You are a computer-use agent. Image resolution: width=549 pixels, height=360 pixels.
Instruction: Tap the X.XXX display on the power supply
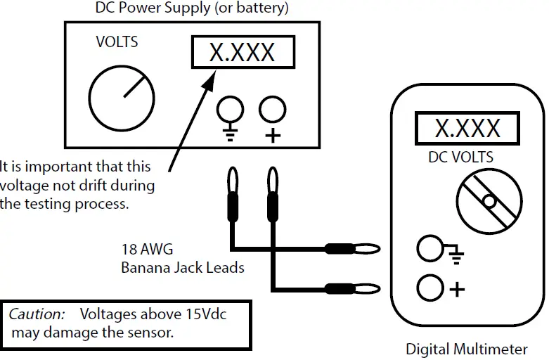(x=243, y=52)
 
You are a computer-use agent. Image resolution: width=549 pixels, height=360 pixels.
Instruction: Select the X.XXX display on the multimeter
(x=467, y=128)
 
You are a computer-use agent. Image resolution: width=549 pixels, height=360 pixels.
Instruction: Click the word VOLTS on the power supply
(x=117, y=42)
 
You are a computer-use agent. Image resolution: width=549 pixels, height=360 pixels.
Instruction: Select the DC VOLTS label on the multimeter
(x=460, y=157)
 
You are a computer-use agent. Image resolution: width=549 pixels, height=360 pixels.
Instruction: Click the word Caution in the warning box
(x=37, y=314)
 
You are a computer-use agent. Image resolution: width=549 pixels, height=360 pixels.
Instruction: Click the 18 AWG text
(x=147, y=250)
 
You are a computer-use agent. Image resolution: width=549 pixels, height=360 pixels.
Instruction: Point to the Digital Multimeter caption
(x=467, y=349)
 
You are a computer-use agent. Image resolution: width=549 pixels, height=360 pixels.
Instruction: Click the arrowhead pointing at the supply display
(x=209, y=80)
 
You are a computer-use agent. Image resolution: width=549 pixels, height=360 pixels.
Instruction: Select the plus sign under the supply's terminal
(x=273, y=136)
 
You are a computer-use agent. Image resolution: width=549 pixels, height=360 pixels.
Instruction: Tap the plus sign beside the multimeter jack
(x=457, y=289)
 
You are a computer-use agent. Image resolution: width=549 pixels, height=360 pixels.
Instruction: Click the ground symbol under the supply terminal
(x=230, y=132)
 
